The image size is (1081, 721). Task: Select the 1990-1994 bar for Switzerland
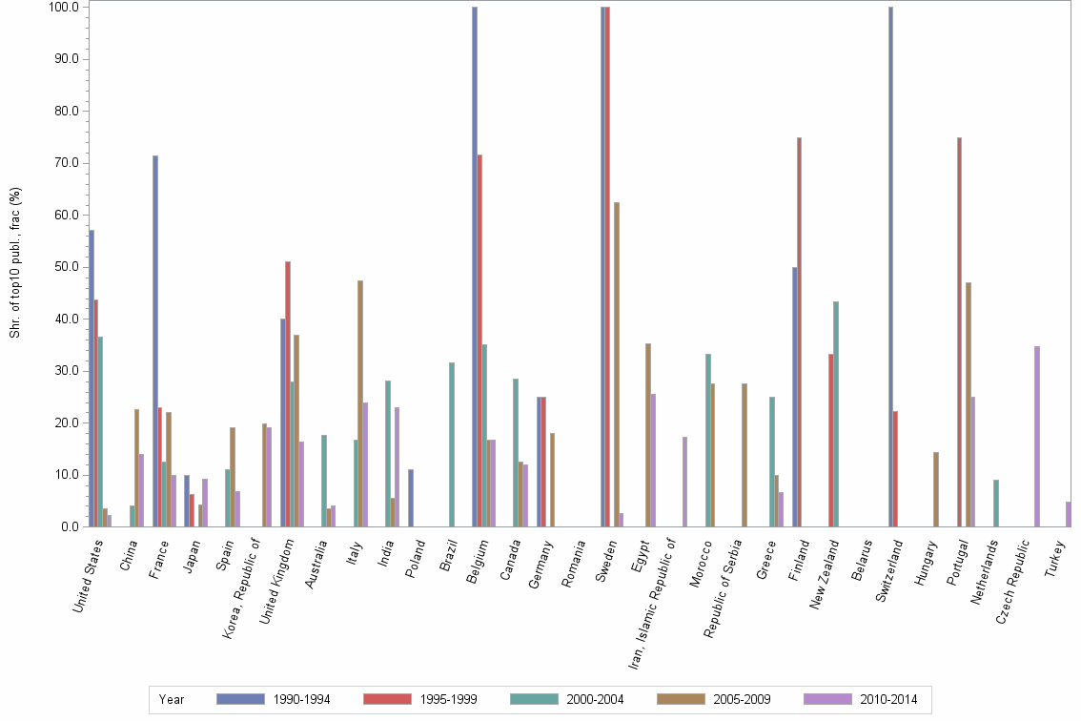click(890, 267)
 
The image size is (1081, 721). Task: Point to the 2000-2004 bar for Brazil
click(452, 444)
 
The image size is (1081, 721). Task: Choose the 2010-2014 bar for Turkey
click(1069, 514)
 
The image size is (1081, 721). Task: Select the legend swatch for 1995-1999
click(387, 700)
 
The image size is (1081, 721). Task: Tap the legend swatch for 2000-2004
click(534, 700)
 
